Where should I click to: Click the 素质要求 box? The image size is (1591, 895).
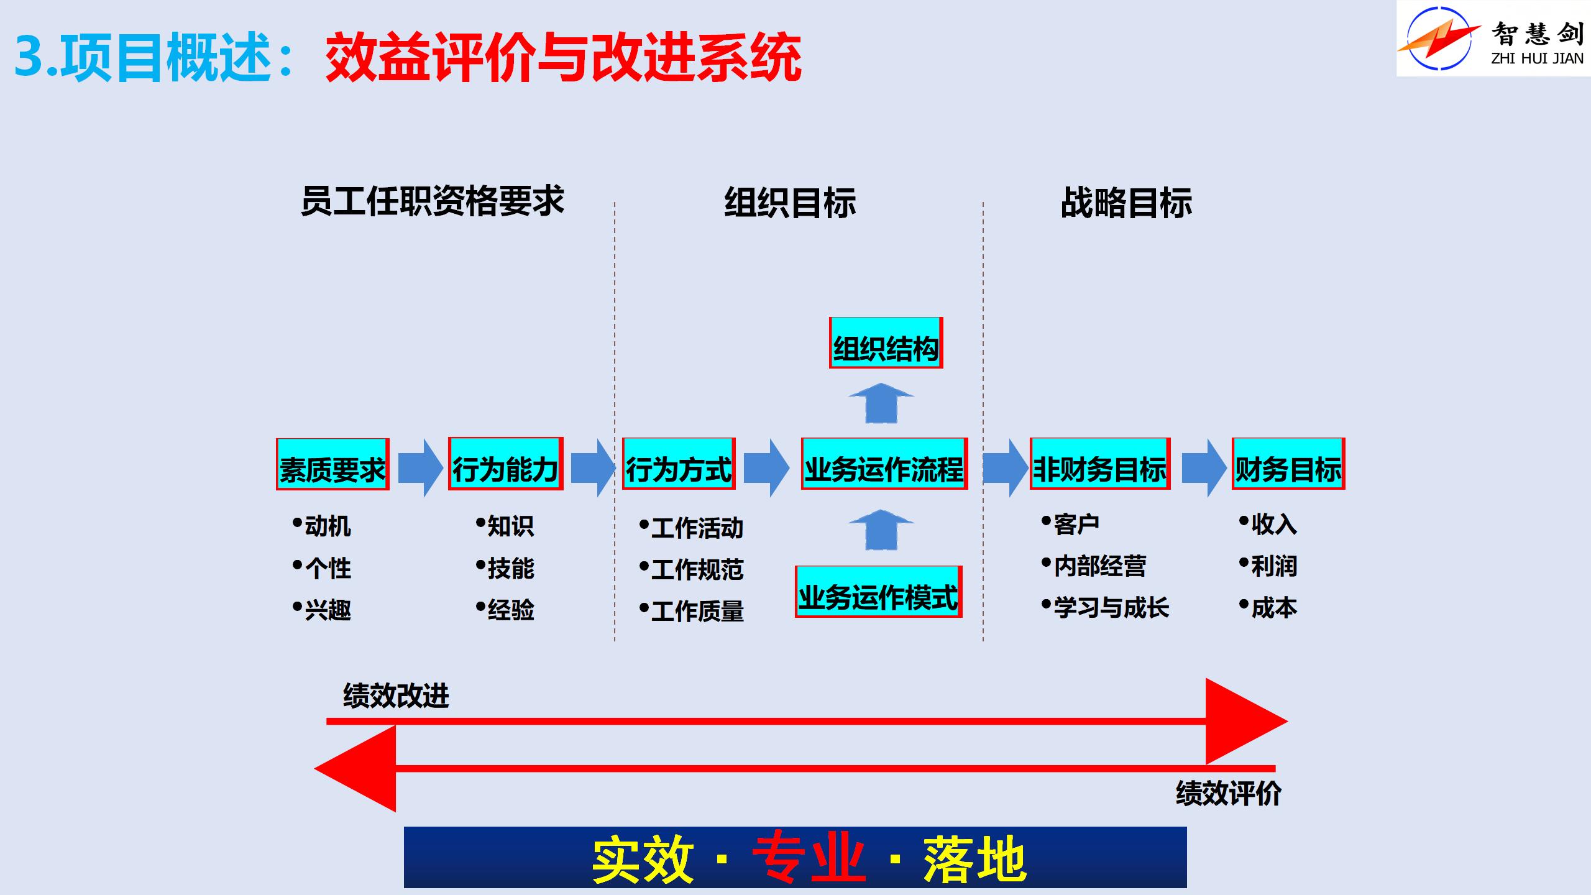coord(332,465)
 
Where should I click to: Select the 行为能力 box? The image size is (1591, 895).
coord(505,464)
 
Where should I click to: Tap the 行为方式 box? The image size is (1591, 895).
coord(679,464)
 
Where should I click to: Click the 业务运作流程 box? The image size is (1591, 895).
coord(884,464)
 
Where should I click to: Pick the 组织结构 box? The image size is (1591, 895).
coord(886,343)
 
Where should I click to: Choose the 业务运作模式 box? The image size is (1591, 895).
coord(878,592)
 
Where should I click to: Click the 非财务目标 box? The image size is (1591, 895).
coord(1100,464)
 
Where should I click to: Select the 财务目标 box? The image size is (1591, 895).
coord(1288,464)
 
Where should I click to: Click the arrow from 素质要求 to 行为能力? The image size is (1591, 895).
coord(420,468)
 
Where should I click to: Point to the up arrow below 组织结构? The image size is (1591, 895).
coord(881,403)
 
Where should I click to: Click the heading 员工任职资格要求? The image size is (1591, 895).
coord(433,201)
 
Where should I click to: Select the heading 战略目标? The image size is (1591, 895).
coord(1126,203)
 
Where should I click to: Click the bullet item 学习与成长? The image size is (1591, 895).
coord(1111,607)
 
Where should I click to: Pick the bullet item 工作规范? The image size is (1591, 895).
coord(697,569)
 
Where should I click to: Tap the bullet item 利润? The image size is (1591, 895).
coord(1273,566)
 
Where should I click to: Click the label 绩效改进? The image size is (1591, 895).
coord(396,695)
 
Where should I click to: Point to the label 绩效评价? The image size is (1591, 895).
coord(1228,794)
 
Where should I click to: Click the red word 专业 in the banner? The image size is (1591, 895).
coord(809,859)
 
